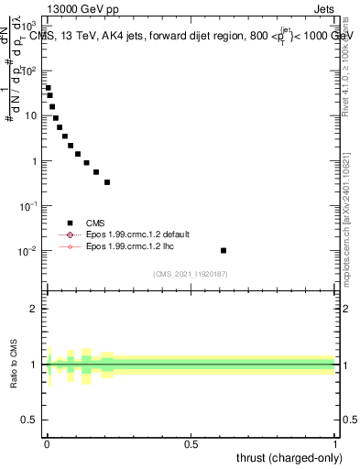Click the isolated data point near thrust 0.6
224,250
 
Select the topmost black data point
48,88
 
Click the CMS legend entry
95,223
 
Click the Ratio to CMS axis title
15,365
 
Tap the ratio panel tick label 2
35,309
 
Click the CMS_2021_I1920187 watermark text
191,273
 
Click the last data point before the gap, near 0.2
107,182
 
